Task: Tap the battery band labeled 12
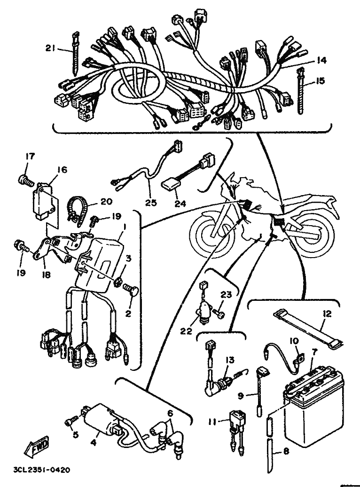pos(307,330)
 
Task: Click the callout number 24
pos(180,204)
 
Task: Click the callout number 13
pos(230,360)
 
